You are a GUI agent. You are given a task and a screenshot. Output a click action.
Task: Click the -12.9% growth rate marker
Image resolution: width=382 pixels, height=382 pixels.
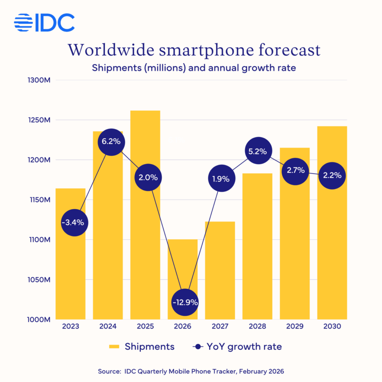[x=185, y=303]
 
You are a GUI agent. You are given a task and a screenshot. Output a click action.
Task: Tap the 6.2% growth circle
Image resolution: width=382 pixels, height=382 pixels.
[x=111, y=141]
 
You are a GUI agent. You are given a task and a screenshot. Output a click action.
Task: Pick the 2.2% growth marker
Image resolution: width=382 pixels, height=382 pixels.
[x=332, y=175]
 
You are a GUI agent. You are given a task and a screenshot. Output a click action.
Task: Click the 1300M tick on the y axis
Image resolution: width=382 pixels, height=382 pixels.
[x=39, y=80]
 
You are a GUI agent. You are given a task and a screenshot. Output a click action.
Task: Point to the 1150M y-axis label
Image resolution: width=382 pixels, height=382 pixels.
[x=39, y=200]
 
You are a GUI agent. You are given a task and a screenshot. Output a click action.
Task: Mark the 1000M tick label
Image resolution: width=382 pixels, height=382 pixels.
[x=39, y=319]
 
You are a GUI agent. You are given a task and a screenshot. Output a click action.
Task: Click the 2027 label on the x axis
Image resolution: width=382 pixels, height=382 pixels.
[x=220, y=327]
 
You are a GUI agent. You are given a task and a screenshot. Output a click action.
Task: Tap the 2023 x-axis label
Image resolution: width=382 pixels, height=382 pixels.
[x=70, y=327]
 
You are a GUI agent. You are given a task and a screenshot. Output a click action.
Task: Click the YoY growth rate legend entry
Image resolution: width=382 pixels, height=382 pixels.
[x=238, y=347]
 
